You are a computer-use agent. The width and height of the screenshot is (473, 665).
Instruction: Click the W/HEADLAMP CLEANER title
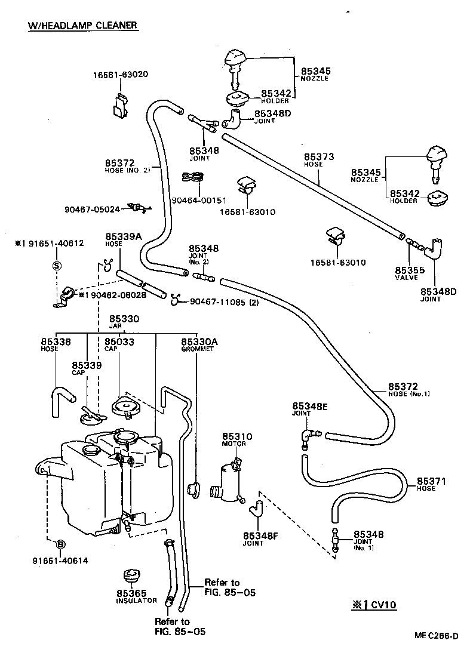83,26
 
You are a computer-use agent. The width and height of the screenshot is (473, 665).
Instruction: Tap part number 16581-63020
120,75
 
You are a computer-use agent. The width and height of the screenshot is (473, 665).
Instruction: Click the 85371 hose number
431,481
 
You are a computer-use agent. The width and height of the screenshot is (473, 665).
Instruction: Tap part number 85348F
260,535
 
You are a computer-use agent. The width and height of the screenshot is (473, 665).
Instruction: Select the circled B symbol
60,544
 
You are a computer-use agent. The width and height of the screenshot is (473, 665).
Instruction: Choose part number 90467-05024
93,209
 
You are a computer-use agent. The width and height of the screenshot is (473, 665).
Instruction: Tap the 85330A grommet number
199,341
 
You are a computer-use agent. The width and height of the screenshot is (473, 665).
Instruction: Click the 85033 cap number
119,341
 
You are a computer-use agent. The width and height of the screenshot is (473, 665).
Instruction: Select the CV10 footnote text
374,605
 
